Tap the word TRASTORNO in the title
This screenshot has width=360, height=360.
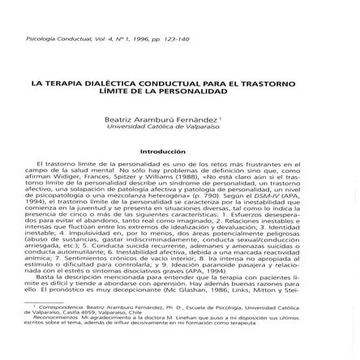coord(272,84)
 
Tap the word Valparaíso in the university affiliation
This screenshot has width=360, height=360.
coord(199,126)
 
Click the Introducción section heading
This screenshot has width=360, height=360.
coord(163,152)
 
